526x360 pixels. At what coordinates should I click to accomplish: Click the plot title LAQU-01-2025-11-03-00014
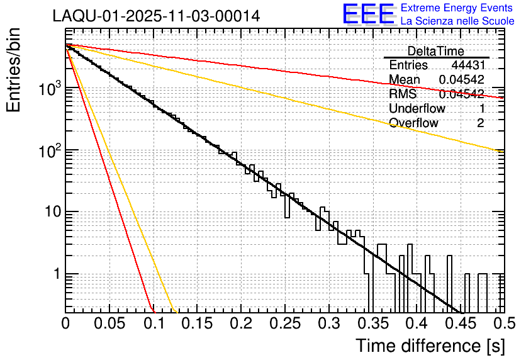[x=157, y=16]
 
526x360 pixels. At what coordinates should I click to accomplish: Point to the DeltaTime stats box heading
[x=436, y=51]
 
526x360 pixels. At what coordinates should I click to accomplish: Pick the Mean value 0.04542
[x=461, y=79]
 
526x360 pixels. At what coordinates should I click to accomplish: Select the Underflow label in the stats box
[x=417, y=108]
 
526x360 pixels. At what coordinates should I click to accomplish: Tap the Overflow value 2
[x=480, y=123]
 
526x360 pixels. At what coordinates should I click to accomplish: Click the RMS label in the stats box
[x=401, y=94]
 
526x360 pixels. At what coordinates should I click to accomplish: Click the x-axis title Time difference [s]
[x=429, y=346]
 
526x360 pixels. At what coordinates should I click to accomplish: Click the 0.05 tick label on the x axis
[x=109, y=324]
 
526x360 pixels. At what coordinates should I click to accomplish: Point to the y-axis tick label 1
[x=55, y=274]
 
